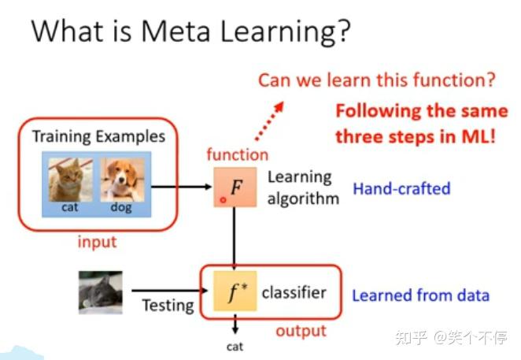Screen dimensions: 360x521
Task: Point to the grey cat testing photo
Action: (100, 292)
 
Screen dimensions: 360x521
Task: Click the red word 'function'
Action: (237, 154)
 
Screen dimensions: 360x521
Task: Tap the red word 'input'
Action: (97, 241)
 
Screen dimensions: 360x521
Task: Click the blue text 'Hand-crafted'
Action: (401, 188)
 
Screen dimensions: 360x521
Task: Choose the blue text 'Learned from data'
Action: (420, 295)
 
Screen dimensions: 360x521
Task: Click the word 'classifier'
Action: (294, 292)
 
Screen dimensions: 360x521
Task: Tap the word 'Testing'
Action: (168, 304)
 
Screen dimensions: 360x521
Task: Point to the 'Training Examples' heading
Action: (98, 136)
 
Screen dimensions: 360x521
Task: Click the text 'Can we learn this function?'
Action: (376, 80)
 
